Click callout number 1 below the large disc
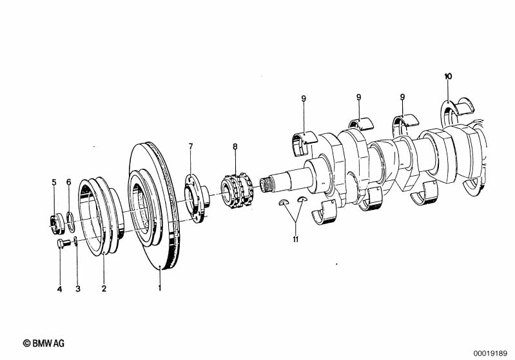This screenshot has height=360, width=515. click(160, 288)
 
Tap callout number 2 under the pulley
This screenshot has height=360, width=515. click(104, 289)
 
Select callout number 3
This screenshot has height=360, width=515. click(78, 289)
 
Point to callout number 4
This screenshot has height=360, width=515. click(59, 289)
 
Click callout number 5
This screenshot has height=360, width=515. click(54, 182)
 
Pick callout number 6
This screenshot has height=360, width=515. click(68, 182)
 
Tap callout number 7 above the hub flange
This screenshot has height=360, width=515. click(191, 146)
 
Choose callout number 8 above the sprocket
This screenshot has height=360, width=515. click(235, 146)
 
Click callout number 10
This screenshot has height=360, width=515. click(448, 77)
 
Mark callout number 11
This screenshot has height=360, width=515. click(296, 239)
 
